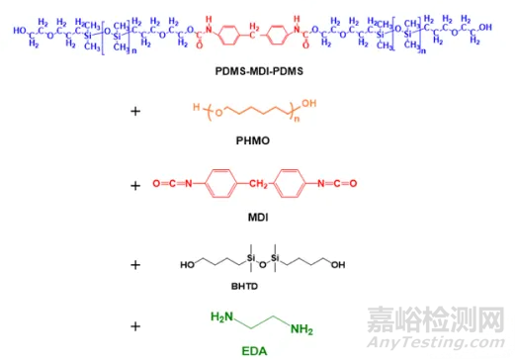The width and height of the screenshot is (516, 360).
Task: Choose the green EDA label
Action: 257,348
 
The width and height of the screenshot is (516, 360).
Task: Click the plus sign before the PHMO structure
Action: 134,112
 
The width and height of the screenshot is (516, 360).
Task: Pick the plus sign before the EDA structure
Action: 134,321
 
